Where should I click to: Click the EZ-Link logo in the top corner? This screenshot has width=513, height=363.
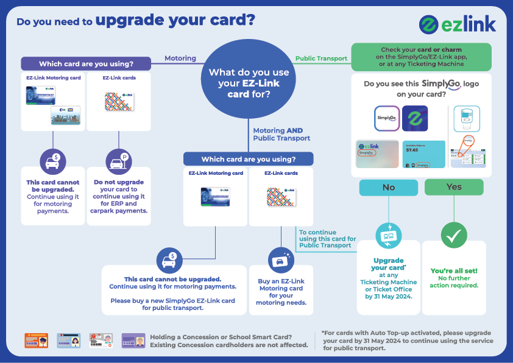pos(458,24)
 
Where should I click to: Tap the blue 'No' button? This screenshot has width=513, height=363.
pos(388,188)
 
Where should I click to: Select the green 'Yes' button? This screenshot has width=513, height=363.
pos(454,187)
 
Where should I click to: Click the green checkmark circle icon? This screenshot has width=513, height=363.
pos(454,234)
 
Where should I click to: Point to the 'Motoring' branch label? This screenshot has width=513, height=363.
pos(180,58)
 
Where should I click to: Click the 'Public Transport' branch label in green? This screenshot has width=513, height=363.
pos(321,59)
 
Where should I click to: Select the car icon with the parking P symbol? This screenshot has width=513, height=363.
pos(119,161)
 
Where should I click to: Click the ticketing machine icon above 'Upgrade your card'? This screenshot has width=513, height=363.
pos(388,234)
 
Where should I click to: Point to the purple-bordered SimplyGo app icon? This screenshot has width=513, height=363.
pos(386,118)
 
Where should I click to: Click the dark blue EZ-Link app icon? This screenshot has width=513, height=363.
pos(415,118)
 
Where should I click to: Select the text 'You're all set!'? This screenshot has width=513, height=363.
pos(454,271)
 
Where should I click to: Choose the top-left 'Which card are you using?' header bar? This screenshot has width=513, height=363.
pos(86,64)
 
